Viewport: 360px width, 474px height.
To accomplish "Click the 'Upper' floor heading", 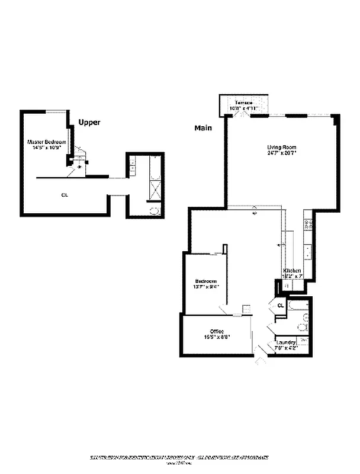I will click(x=89, y=123).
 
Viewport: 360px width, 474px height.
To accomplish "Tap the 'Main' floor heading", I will click(x=203, y=128).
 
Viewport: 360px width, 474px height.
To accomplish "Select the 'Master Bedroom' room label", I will click(x=46, y=142).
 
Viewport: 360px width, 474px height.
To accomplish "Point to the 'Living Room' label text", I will click(x=281, y=148).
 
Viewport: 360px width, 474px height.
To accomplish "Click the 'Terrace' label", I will click(x=243, y=103).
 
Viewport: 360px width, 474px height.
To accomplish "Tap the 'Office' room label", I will click(x=216, y=331).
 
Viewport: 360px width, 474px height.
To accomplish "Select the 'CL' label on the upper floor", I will click(x=63, y=194).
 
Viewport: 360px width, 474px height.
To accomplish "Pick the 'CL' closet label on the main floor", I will click(x=280, y=306).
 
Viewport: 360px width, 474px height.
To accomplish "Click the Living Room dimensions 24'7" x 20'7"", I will click(x=281, y=153).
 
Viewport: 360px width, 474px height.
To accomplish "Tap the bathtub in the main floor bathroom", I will click(x=298, y=307).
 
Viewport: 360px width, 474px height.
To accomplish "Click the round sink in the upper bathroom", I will click(x=153, y=210).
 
